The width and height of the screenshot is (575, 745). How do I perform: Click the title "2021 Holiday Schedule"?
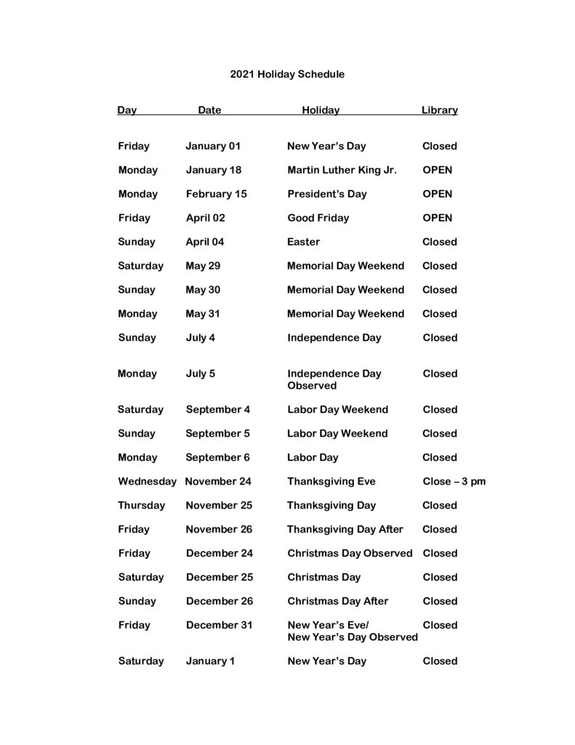tap(287, 74)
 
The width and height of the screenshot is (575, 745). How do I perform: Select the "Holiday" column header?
tap(321, 111)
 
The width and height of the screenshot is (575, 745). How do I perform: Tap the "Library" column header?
tap(439, 111)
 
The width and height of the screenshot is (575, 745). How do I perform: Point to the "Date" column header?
tap(209, 111)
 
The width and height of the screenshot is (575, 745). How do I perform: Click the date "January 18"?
tap(213, 170)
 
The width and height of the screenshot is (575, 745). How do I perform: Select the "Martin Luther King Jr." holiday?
tap(342, 170)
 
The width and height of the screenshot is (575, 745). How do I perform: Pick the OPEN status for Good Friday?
tap(437, 218)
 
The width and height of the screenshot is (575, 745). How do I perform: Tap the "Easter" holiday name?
tap(303, 242)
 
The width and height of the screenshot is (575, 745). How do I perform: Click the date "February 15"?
tap(216, 194)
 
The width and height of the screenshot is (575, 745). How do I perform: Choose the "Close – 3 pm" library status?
tap(454, 482)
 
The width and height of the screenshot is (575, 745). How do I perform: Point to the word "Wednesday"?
tap(147, 482)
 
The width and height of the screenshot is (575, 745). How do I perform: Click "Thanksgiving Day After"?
tap(345, 530)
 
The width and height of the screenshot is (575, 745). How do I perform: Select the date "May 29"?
tap(203, 266)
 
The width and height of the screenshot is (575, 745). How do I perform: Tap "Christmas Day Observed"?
tap(350, 554)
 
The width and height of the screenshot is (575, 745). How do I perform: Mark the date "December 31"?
tap(219, 626)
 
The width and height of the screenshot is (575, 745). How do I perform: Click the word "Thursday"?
tap(142, 506)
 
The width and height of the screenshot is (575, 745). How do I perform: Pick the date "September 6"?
tap(217, 458)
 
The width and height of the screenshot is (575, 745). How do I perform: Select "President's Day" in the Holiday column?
tap(326, 194)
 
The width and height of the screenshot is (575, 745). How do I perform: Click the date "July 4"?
tap(200, 338)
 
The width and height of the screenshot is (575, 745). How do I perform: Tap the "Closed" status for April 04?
tap(440, 242)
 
